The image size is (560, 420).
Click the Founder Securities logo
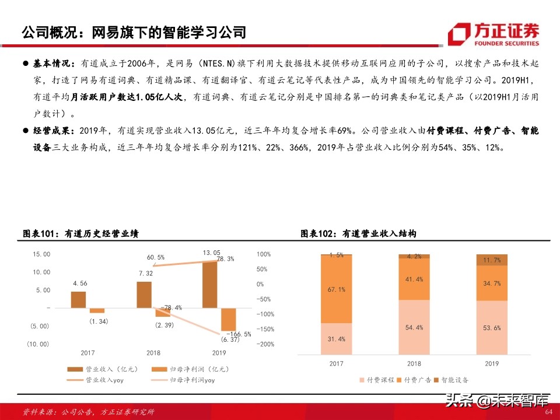(x=494, y=34)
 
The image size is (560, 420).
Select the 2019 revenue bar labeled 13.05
(x=209, y=284)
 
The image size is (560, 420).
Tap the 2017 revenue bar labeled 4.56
(x=78, y=299)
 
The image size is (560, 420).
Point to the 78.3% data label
(x=225, y=258)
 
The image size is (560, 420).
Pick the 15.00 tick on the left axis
(x=41, y=254)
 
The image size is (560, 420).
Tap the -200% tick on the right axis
(x=265, y=344)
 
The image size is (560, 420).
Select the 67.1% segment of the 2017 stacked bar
(x=337, y=289)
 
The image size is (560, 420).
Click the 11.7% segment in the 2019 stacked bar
(x=492, y=260)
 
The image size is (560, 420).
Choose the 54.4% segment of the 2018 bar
(x=414, y=327)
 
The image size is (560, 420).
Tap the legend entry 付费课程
(x=380, y=380)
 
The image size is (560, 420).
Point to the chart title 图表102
(x=358, y=234)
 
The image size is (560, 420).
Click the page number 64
(x=548, y=412)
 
